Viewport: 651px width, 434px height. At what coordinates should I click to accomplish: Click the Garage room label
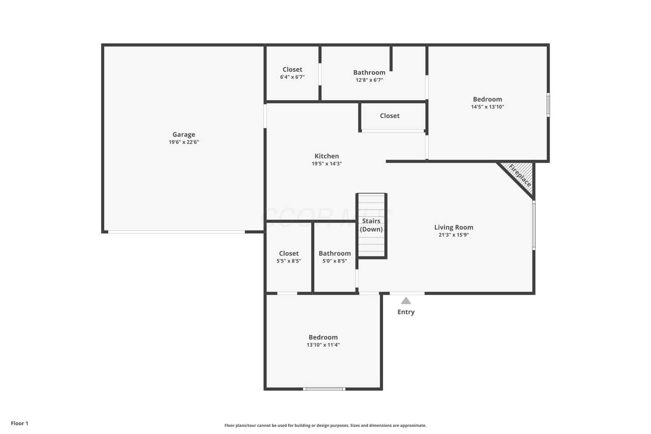tap(184, 135)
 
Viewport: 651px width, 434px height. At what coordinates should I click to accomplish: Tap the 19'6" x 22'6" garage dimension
tap(184, 142)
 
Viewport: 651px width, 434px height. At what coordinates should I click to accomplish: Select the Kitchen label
tap(327, 156)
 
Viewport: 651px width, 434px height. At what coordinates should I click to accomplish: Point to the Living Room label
tap(454, 227)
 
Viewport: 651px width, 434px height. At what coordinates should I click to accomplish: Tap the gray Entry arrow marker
tap(406, 301)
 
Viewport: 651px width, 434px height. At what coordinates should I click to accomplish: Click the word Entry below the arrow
tap(406, 312)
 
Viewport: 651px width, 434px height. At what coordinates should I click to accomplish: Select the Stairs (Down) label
tap(371, 225)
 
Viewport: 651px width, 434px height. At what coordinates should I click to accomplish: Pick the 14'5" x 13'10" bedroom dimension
tap(488, 107)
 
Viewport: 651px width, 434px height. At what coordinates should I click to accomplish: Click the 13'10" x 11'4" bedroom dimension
tap(323, 345)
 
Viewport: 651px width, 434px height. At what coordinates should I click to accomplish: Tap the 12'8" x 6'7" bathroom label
tap(369, 80)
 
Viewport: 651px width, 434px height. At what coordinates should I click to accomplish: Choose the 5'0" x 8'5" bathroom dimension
tap(335, 261)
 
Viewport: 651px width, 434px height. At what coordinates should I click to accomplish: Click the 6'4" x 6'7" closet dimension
tap(292, 77)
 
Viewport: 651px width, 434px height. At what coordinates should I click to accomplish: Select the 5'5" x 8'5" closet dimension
tap(289, 261)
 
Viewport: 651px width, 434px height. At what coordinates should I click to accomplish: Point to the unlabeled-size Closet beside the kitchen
tap(390, 115)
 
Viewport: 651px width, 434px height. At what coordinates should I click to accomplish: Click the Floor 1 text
tap(19, 423)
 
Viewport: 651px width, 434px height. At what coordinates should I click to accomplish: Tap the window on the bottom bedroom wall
tap(324, 389)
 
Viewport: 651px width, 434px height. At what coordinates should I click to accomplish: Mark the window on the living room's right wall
tap(534, 225)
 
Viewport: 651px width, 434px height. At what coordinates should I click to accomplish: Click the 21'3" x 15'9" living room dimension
tap(454, 235)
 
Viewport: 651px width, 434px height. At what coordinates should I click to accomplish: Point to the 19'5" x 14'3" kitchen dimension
tap(327, 164)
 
